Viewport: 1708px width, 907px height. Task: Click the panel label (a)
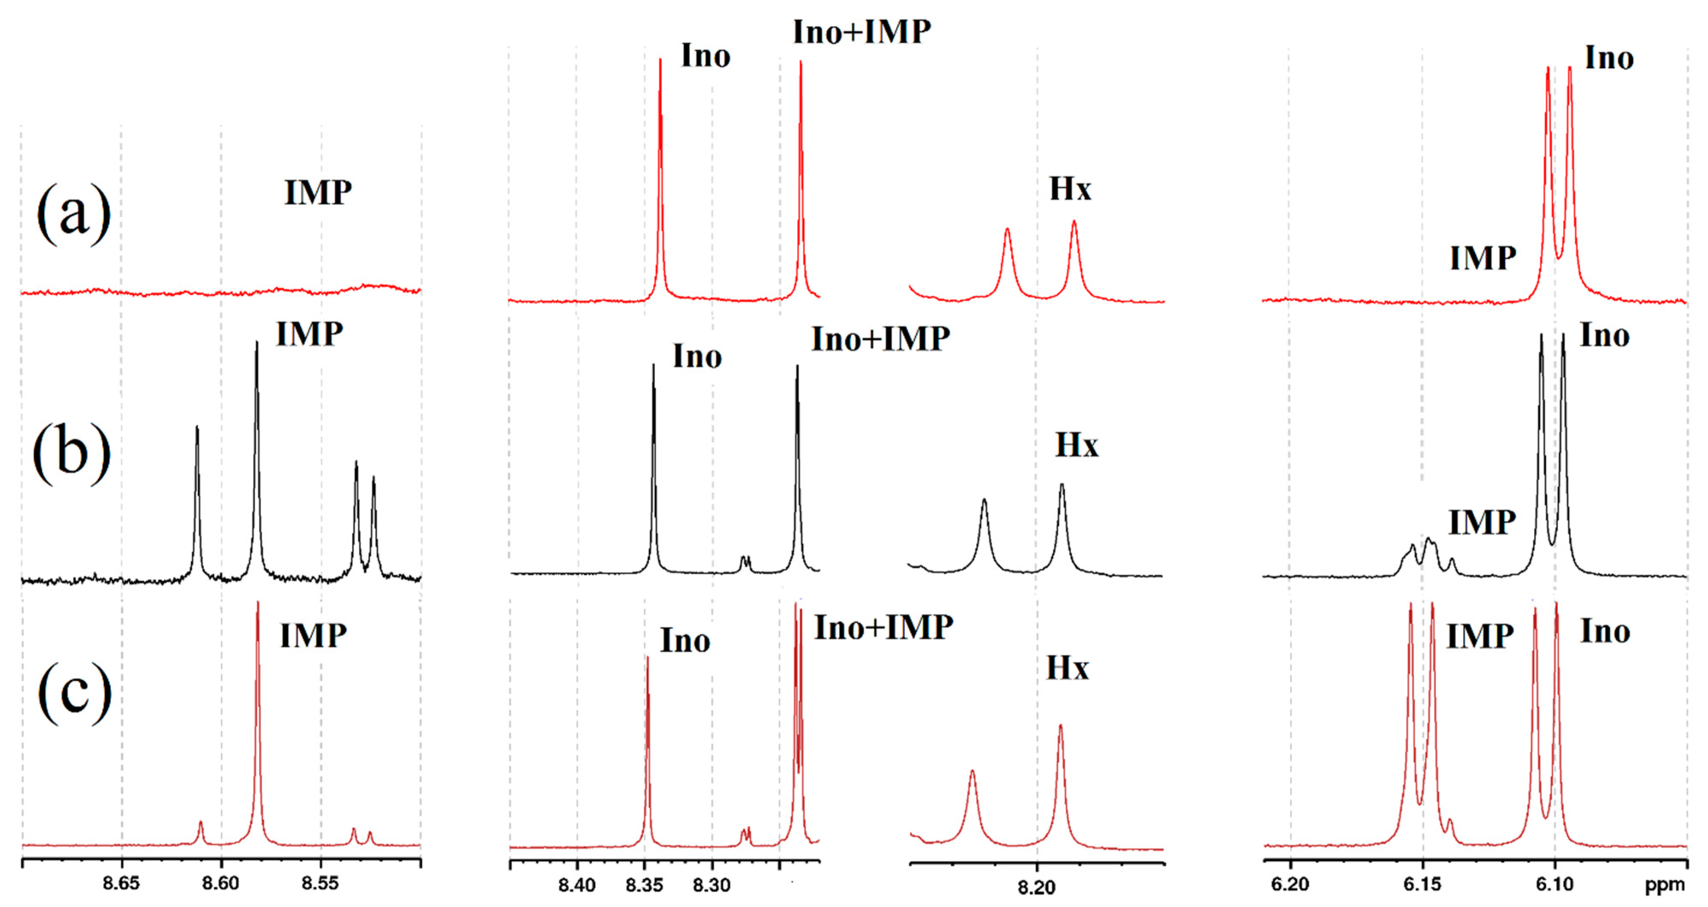[74, 214]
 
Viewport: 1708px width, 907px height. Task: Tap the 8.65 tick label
[122, 883]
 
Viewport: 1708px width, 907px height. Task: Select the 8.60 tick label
[221, 883]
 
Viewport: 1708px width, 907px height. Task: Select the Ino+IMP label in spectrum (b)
[880, 339]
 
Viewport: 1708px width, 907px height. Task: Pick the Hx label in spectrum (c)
[1068, 668]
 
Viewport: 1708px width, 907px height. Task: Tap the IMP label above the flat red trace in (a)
[318, 193]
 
